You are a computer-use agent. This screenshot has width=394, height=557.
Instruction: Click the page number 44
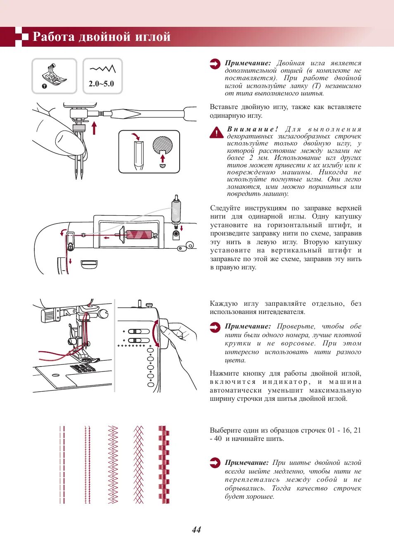point(197,530)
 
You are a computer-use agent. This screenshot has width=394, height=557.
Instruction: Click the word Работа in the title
point(53,37)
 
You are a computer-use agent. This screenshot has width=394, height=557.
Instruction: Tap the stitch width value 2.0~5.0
point(101,83)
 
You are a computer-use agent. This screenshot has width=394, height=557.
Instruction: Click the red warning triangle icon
point(216,132)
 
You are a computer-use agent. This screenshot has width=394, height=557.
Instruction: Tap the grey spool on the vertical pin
point(176,211)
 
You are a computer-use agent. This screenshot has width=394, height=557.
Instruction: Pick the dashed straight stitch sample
point(62,464)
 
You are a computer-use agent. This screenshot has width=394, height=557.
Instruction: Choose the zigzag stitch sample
point(113,464)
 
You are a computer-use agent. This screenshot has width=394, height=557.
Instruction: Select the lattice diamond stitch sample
point(138,464)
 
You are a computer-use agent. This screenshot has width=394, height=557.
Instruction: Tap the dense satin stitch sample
point(164,464)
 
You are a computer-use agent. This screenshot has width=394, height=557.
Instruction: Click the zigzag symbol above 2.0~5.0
point(102,69)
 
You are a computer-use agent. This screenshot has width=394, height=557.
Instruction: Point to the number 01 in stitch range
point(332,430)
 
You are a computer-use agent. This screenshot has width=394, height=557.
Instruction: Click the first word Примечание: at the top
point(248,63)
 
